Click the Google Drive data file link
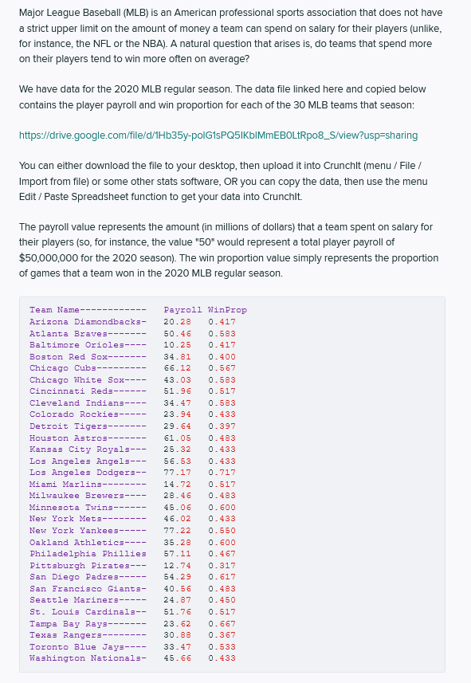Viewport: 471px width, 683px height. pyautogui.click(x=218, y=135)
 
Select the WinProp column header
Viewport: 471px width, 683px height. pyautogui.click(x=227, y=310)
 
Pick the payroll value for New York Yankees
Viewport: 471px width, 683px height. pyautogui.click(x=177, y=531)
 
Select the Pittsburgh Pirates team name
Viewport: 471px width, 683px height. pyautogui.click(x=78, y=565)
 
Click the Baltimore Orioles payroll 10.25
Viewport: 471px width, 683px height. pyautogui.click(x=177, y=345)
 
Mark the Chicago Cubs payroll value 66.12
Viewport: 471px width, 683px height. pyautogui.click(x=177, y=368)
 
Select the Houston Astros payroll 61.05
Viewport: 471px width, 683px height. pyautogui.click(x=177, y=438)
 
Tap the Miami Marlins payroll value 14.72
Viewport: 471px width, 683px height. pyautogui.click(x=177, y=484)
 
